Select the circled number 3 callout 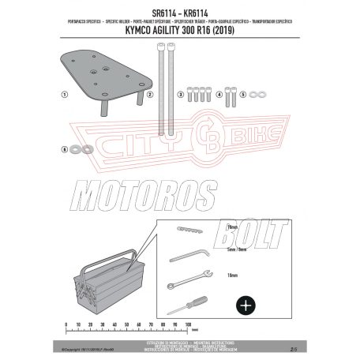(180, 95)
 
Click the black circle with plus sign (246, 303)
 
